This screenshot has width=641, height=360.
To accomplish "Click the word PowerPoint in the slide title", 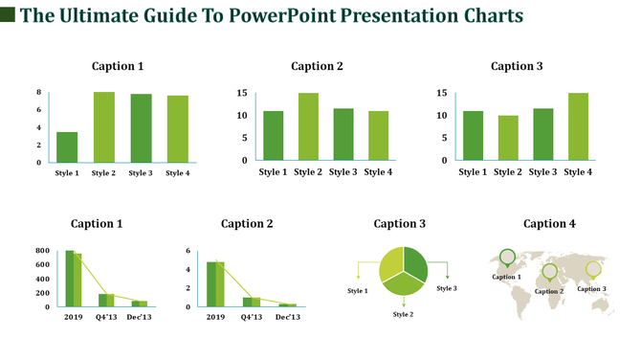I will coord(283,16).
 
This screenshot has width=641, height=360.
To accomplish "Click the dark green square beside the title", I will coord(8,15).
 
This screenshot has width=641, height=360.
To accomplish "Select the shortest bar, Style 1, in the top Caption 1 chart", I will coord(67,146).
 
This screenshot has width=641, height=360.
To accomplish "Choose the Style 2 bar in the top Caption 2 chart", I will coord(307,126).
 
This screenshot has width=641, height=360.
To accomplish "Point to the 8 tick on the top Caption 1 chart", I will coord(38,92).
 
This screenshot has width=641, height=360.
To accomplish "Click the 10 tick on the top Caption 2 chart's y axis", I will coord(242,116).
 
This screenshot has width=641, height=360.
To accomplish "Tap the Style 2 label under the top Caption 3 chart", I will coord(507,172).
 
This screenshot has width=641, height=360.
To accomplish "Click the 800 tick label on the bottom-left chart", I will coord(41,251).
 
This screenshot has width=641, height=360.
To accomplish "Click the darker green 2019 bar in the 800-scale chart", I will coord(69,279).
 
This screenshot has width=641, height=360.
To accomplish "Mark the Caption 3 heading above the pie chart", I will coord(400,224).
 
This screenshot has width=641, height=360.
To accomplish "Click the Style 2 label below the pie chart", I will coord(403,314).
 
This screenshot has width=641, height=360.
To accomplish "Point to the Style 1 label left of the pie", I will coord(358,290).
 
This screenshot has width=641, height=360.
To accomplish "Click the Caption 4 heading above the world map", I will coord(550,224).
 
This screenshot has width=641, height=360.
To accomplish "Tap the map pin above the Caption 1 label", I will coord(507,256).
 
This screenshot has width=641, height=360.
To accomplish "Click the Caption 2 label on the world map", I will coord(549,291).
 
